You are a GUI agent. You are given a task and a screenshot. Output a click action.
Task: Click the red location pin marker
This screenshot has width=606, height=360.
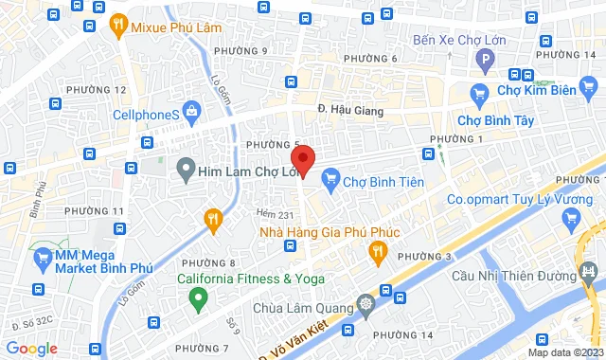pos(301,157)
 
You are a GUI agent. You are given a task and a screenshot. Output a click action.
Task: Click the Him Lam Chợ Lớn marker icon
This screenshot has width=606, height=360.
pos(186,171)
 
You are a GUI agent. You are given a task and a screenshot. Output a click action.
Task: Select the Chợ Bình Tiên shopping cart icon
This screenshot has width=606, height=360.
pos(330,177)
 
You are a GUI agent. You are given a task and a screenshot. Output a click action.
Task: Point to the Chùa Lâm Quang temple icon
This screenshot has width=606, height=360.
pos(366,306)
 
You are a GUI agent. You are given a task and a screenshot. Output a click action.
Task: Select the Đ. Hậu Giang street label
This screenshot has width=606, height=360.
pos(351,112)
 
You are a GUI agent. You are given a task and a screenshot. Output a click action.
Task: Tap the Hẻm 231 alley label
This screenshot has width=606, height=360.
pos(273,215)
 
